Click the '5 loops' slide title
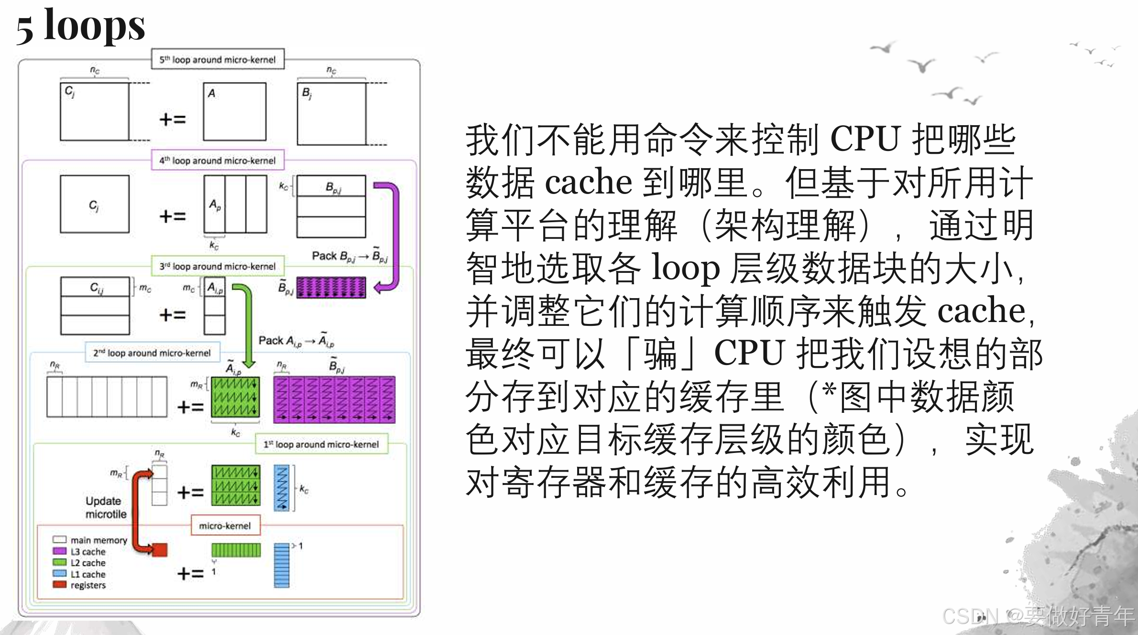click(x=80, y=26)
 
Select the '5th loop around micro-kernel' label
click(x=218, y=59)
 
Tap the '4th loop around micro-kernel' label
click(x=218, y=160)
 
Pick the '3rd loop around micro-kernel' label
click(x=218, y=266)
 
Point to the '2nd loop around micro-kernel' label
click(x=152, y=353)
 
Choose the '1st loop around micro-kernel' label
click(x=321, y=444)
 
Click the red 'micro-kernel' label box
click(x=225, y=526)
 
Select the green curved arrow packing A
click(x=248, y=325)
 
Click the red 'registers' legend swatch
click(x=60, y=585)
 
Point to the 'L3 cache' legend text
click(x=88, y=551)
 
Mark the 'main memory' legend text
click(x=99, y=540)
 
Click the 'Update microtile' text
click(x=106, y=507)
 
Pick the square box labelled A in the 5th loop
click(x=234, y=111)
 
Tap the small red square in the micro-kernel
click(x=160, y=550)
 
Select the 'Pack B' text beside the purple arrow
click(x=349, y=257)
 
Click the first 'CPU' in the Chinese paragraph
click(x=865, y=140)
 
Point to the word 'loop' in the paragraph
click(x=686, y=269)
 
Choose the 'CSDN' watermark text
click(x=971, y=616)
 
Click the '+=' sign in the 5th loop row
click(x=172, y=119)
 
